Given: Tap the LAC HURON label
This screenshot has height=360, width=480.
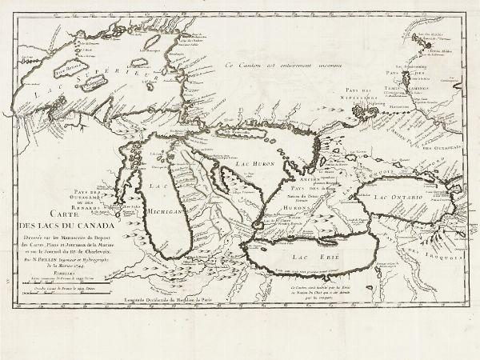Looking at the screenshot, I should pos(257,162).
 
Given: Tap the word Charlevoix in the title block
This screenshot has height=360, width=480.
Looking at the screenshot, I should pos(97,254).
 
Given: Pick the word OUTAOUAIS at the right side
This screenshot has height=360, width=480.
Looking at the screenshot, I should pos(444,149).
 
